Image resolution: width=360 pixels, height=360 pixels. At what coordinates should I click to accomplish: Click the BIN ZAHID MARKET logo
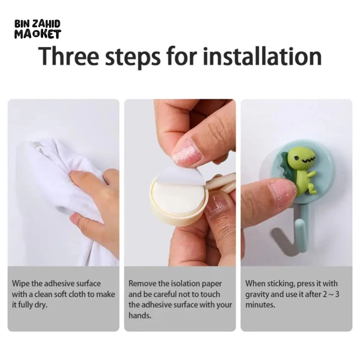tap(38, 29)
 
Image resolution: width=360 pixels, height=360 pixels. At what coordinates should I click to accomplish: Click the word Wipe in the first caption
tap(21, 284)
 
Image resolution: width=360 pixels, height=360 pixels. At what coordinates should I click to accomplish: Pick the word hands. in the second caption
tap(140, 315)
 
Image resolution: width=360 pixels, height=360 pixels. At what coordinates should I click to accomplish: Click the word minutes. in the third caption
tap(260, 305)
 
